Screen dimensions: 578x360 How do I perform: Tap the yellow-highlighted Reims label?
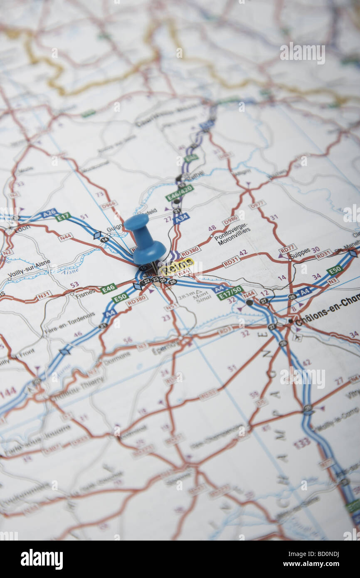tap(177, 266)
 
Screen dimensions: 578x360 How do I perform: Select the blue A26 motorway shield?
tap(49, 213)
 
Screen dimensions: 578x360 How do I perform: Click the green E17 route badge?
tap(63, 217)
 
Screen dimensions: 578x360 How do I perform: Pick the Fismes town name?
tap(85, 294)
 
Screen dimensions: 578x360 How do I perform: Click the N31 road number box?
tap(44, 295)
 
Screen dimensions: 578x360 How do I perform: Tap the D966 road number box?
tap(108, 205)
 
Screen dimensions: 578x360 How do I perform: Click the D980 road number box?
tap(230, 220)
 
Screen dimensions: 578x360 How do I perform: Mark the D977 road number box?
tap(257, 204)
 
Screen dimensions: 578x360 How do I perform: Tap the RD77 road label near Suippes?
tap(288, 249)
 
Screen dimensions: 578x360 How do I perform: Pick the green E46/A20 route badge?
tap(180, 193)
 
